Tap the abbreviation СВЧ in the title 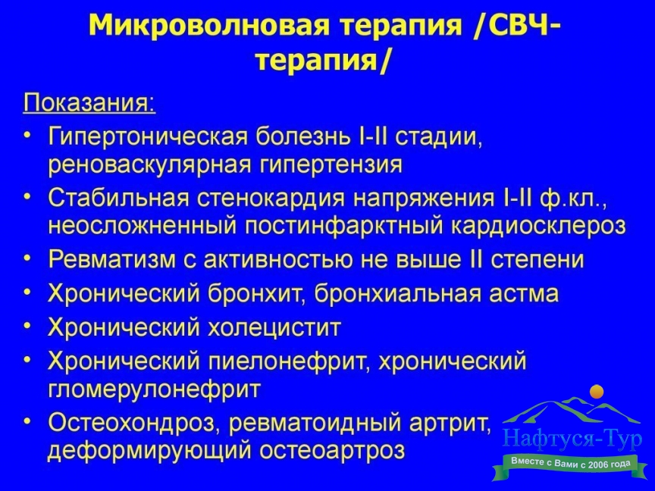(517, 26)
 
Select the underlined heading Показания (89, 102)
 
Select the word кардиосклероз (538, 227)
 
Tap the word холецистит (274, 327)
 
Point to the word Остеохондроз (135, 423)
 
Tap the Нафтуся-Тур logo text (572, 439)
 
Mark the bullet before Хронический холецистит (27, 325)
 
